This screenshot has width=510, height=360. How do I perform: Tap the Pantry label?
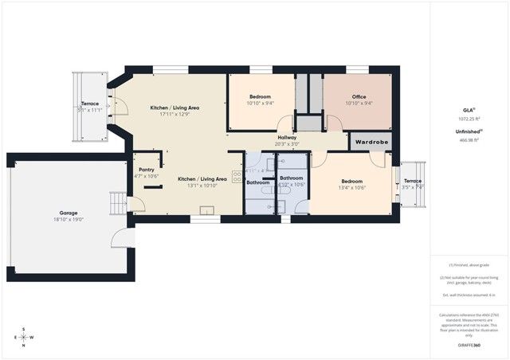coord(147,170)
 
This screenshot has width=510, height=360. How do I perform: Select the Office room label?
coord(359,96)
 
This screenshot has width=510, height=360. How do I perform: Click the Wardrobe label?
coord(371,142)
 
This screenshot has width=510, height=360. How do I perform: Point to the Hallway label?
coord(287,138)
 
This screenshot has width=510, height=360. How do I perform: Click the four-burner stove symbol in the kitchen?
coord(237,178)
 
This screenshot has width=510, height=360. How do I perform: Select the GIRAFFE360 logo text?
coord(469,345)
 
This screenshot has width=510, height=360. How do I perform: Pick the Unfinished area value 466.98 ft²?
coord(469,139)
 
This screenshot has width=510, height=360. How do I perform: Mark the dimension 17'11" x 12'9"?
coord(175,114)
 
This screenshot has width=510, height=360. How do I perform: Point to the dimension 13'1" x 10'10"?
coord(202,186)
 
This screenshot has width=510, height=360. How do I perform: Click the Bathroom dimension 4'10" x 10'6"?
coord(292,185)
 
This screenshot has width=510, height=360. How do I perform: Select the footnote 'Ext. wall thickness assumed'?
coord(469,295)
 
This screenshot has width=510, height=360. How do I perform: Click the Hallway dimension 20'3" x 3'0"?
coord(287,144)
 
